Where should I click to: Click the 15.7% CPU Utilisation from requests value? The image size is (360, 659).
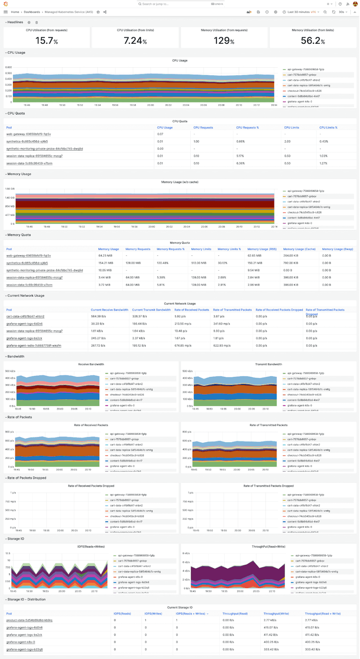click(47, 41)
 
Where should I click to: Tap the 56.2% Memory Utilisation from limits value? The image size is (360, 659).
click(313, 41)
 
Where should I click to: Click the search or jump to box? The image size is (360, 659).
click(180, 4)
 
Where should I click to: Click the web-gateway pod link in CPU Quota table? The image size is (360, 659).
click(28, 134)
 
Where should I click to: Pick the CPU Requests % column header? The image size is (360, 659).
click(247, 128)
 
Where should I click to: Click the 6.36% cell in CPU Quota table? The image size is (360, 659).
click(241, 163)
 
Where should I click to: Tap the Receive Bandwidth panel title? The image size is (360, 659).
click(91, 364)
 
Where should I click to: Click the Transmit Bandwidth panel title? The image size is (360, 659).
click(268, 364)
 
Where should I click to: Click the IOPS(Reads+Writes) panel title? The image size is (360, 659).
click(91, 547)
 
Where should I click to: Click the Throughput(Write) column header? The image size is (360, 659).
click(275, 613)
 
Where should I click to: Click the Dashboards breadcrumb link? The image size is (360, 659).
click(32, 12)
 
